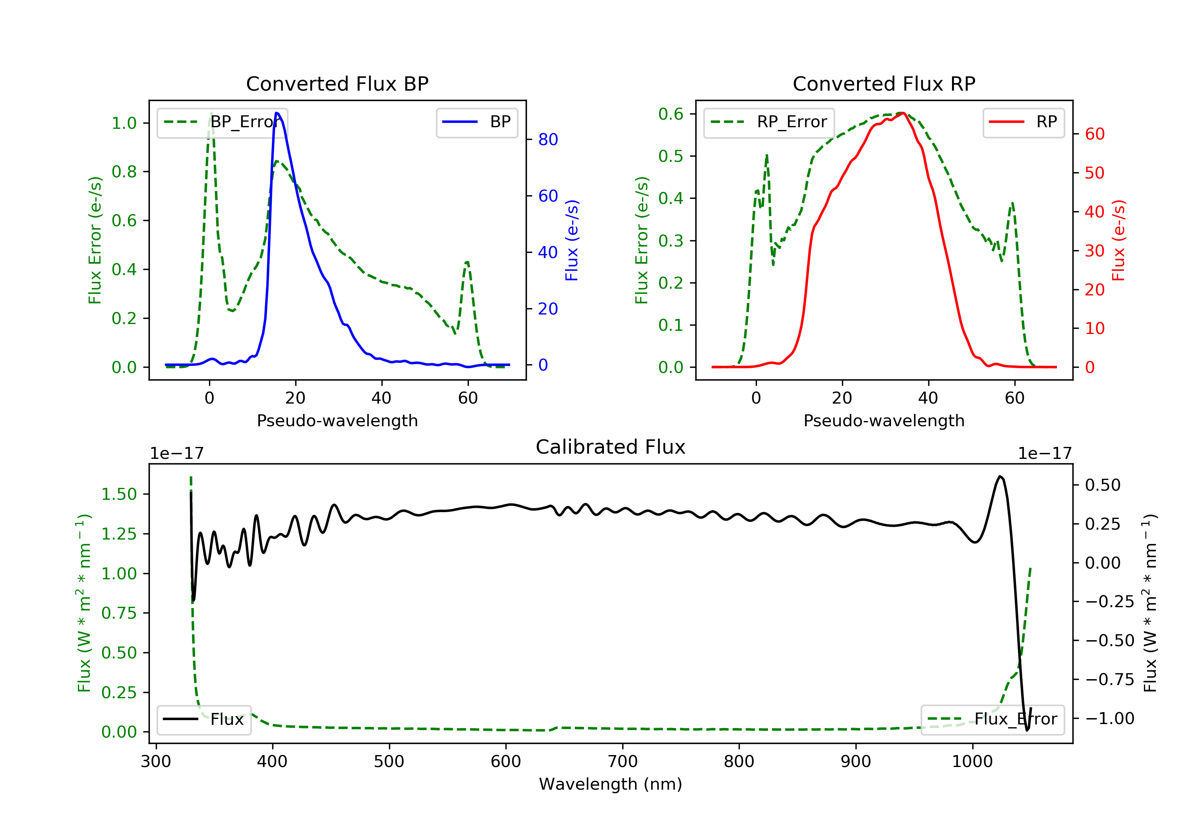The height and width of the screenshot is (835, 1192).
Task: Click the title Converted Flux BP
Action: tap(337, 83)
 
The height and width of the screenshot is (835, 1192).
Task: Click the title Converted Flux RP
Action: tap(884, 83)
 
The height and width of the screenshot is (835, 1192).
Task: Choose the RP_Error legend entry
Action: tap(769, 122)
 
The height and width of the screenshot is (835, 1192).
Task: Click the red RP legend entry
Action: tap(1023, 122)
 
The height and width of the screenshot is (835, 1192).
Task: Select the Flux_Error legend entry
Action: tap(992, 719)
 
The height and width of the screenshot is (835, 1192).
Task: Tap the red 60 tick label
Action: tap(1094, 134)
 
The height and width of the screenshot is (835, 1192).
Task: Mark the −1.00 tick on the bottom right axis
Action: tap(1109, 718)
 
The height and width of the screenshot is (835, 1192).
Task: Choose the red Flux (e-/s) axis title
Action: tap(1118, 240)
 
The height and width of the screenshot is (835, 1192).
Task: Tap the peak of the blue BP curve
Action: tap(277, 113)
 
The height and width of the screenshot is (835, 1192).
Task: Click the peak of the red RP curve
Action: tap(903, 113)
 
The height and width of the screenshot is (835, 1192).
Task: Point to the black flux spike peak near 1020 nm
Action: tap(999, 476)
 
